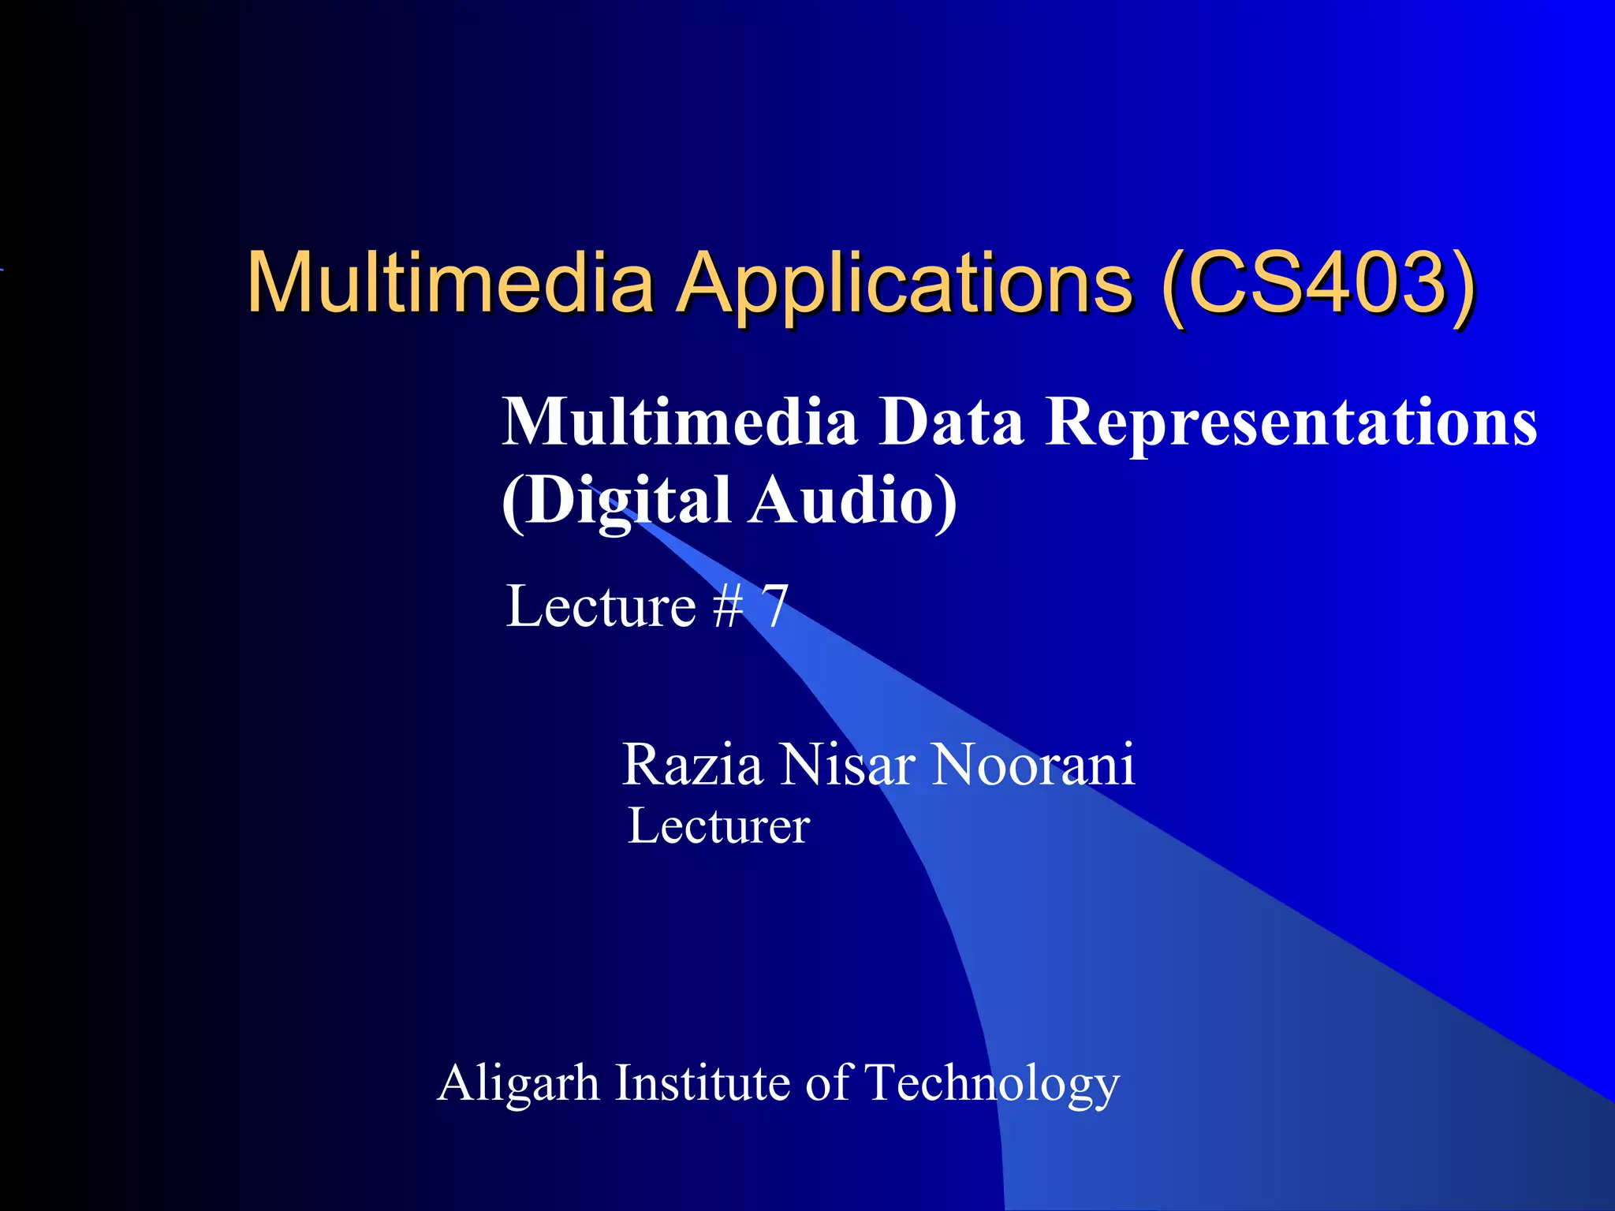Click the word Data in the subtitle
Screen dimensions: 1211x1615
click(x=950, y=423)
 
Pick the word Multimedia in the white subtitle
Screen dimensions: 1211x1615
click(x=680, y=423)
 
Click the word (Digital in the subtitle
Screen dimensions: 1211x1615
click(x=616, y=501)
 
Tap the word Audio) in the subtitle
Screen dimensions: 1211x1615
click(x=853, y=501)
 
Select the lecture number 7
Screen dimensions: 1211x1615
click(x=774, y=606)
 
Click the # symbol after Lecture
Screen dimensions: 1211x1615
click(x=727, y=606)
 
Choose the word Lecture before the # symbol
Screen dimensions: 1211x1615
click(x=601, y=606)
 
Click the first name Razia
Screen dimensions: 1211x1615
click(x=692, y=765)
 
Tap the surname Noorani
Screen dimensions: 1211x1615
click(x=1033, y=765)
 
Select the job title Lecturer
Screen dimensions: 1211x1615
click(x=718, y=826)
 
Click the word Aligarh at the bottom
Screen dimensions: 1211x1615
click(x=518, y=1083)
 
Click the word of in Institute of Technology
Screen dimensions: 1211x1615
click(x=827, y=1082)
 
